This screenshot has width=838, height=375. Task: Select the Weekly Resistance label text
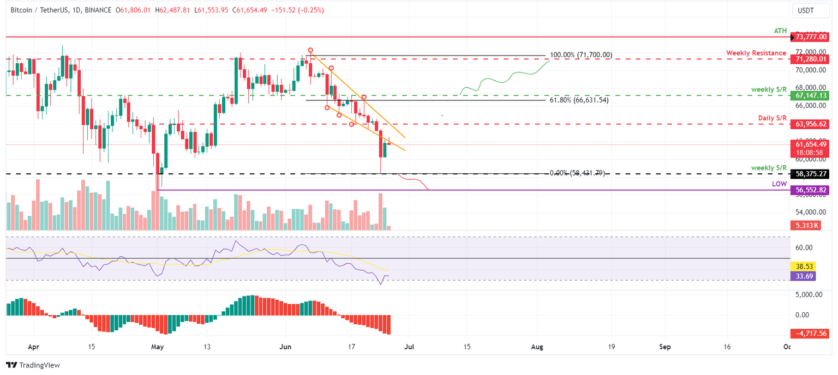(756, 53)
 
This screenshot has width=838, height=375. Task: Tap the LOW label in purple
(779, 184)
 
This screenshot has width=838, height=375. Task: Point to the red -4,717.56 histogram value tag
(808, 333)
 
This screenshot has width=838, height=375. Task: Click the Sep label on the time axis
(665, 347)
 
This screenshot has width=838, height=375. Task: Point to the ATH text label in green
(780, 32)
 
